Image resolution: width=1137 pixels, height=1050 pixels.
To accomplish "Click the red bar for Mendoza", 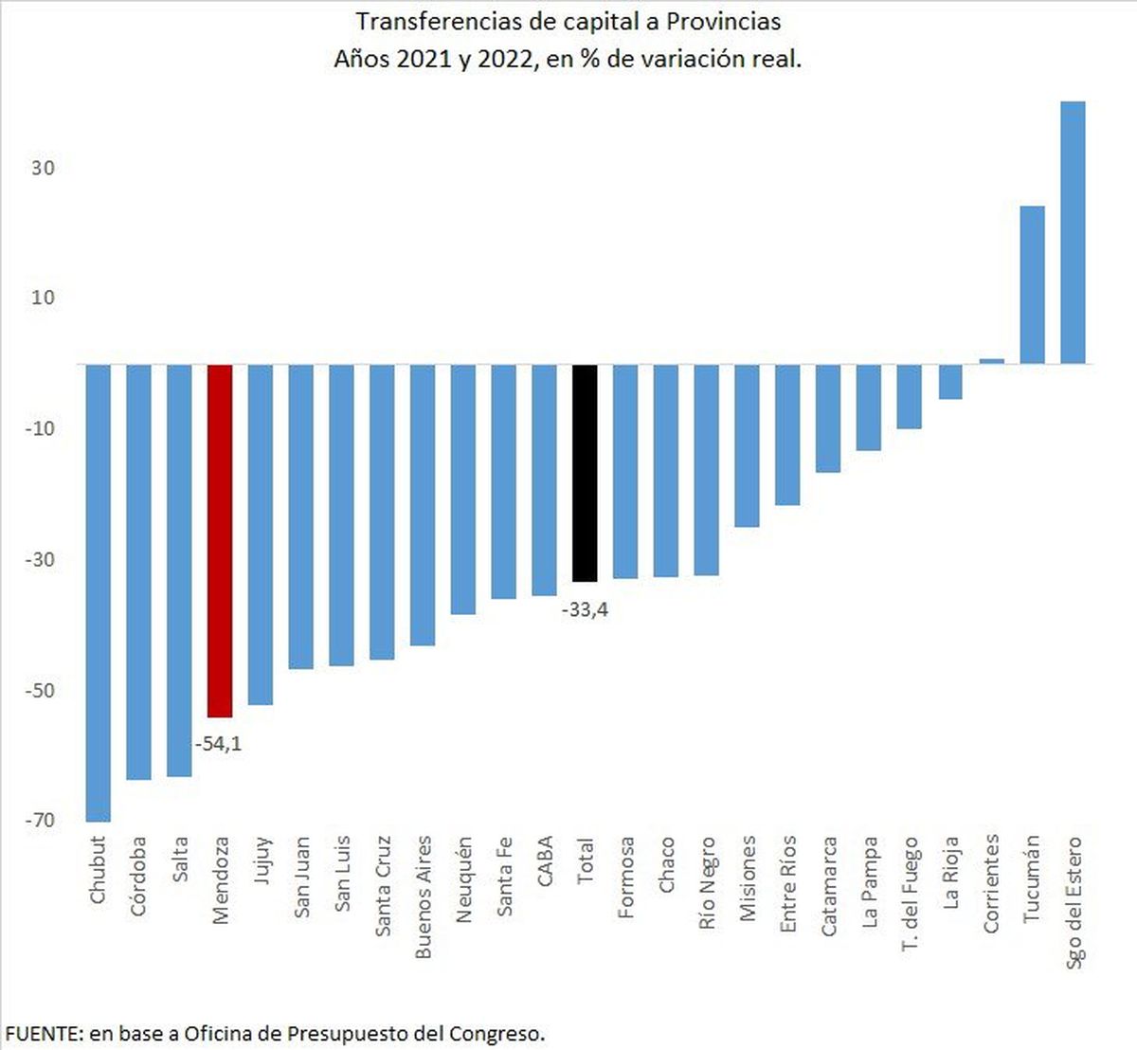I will click(220, 540).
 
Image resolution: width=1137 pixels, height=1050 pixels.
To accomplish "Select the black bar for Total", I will click(585, 472).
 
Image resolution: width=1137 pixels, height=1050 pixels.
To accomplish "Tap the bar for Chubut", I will click(99, 592).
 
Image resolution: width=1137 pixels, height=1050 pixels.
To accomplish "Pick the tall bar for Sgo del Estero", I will click(1073, 232).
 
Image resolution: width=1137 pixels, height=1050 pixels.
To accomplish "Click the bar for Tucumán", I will click(1032, 284).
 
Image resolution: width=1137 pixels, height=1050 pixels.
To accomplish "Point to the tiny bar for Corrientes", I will click(991, 361).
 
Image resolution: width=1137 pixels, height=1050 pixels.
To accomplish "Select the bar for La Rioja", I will click(950, 381).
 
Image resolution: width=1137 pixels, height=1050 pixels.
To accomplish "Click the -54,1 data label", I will click(218, 744).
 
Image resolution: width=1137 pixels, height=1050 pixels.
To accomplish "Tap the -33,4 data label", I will click(585, 610).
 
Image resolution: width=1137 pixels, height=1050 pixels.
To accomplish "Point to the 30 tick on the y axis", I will click(43, 168).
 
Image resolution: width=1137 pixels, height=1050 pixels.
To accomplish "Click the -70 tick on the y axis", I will click(40, 821).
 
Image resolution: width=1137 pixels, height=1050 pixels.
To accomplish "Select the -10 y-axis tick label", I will click(40, 428).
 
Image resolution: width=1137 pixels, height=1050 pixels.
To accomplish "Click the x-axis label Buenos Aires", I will click(423, 896).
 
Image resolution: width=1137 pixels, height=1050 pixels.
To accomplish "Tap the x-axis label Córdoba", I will click(138, 876).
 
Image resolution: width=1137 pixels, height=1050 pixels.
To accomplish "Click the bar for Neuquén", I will click(463, 489).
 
